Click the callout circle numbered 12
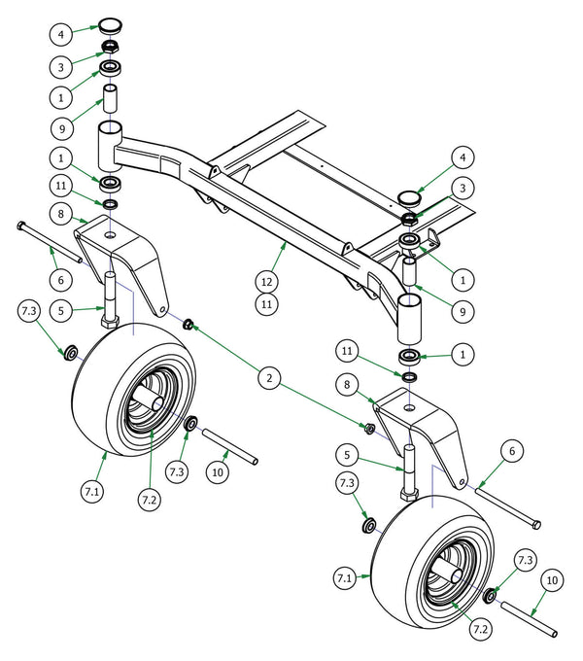click(x=266, y=280)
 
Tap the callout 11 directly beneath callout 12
click(x=266, y=304)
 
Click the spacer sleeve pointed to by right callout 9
click(x=410, y=271)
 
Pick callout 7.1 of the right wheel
click(x=343, y=578)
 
